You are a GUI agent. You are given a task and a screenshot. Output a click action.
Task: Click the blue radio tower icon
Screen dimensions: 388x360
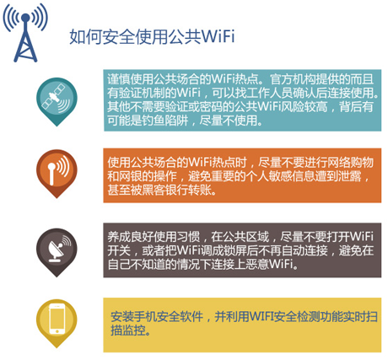click(25, 33)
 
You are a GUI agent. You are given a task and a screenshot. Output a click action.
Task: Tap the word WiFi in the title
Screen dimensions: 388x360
click(218, 36)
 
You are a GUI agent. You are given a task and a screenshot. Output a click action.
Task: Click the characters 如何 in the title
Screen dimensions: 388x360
click(85, 36)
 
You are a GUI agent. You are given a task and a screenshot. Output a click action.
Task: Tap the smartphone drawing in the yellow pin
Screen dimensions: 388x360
click(57, 319)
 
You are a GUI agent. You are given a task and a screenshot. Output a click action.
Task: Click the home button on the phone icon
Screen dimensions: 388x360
click(57, 331)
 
